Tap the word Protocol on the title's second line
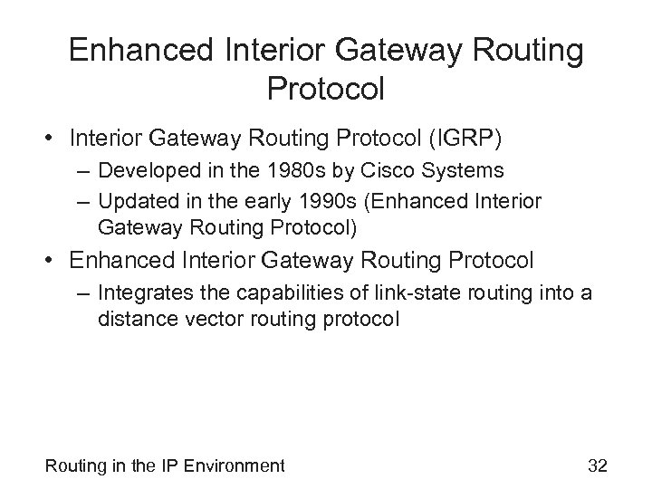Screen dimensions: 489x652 click(326, 89)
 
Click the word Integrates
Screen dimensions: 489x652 click(145, 292)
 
